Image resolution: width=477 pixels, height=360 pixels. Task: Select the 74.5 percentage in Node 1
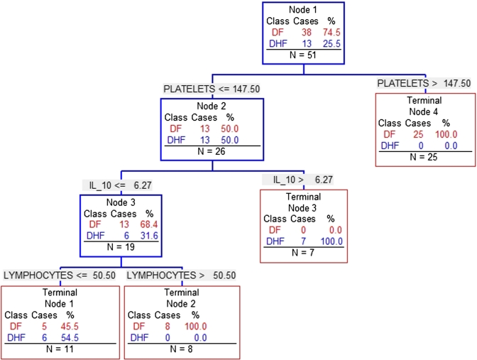pos(327,33)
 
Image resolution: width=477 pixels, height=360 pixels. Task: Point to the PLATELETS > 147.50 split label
pos(424,83)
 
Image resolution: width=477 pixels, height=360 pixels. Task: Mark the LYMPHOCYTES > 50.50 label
pos(180,276)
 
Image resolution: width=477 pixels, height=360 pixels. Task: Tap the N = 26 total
pos(212,151)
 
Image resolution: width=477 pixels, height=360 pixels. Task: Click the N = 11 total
pos(59,349)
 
